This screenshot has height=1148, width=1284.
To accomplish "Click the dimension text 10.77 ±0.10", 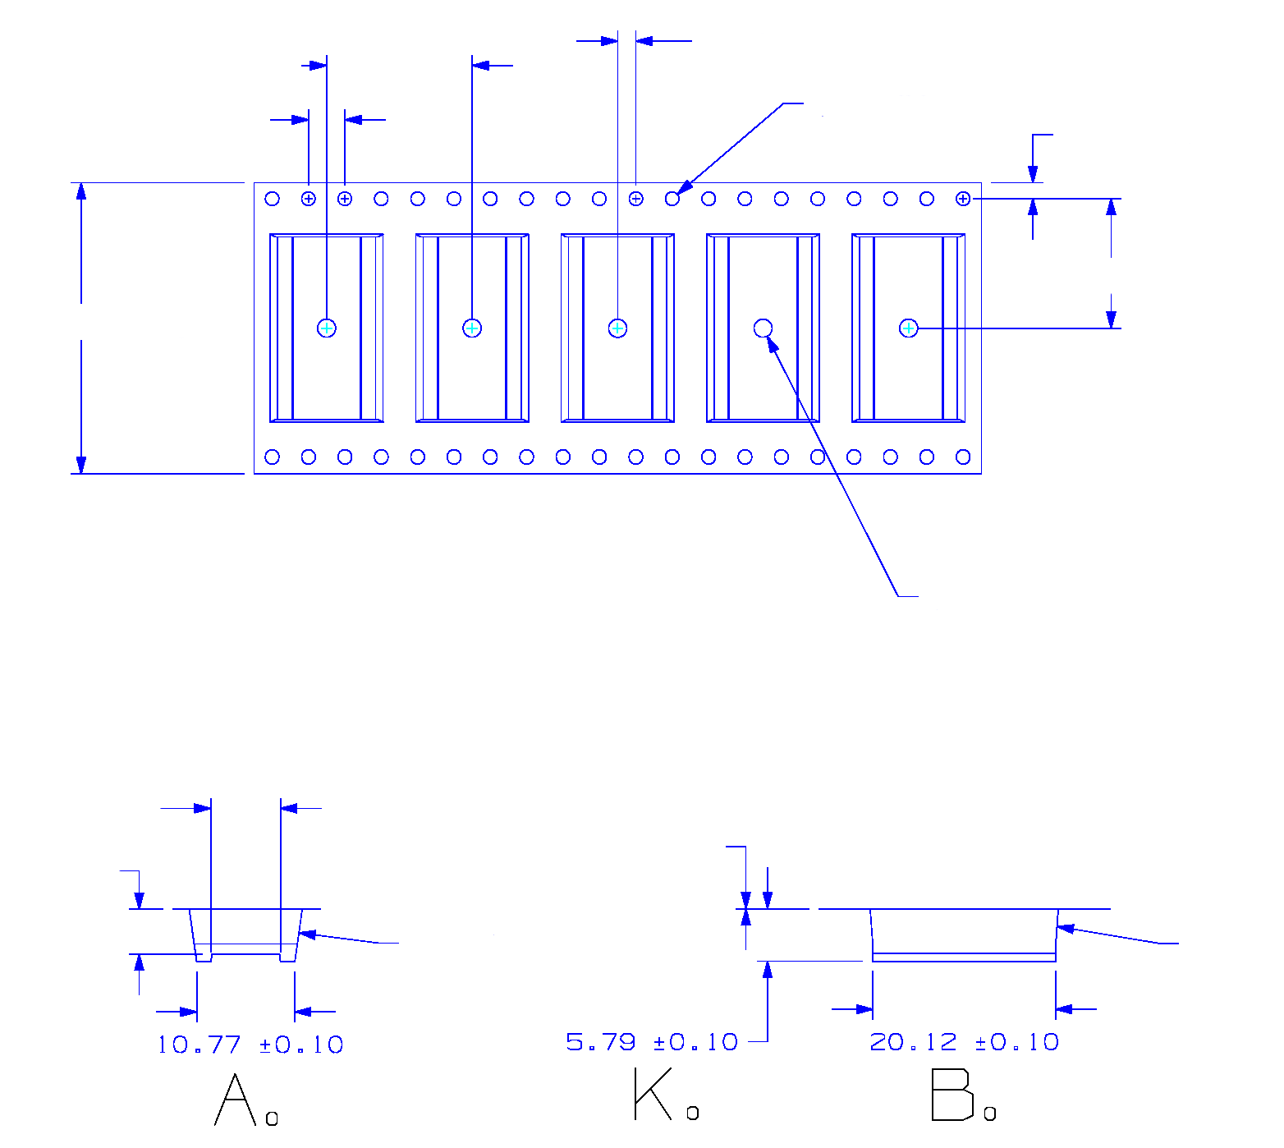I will pyautogui.click(x=250, y=1045).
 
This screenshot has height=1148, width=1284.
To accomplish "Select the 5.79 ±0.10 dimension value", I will pyautogui.click(x=652, y=1042).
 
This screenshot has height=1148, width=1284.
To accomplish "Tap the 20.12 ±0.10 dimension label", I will pyautogui.click(x=964, y=1042).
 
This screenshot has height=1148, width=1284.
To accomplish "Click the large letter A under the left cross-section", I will pyautogui.click(x=234, y=1100).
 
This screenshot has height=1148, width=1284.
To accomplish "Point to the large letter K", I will pyautogui.click(x=653, y=1095).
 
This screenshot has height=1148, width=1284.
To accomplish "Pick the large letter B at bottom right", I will pyautogui.click(x=952, y=1095).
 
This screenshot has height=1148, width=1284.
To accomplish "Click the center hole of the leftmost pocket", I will pyautogui.click(x=327, y=328).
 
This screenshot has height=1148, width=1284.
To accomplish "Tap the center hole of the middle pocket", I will pyautogui.click(x=617, y=328).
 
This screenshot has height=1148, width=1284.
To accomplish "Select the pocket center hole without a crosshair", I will pyautogui.click(x=763, y=328).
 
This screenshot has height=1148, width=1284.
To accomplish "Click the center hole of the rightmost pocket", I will pyautogui.click(x=908, y=328).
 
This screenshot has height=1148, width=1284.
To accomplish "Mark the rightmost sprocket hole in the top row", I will pyautogui.click(x=963, y=199).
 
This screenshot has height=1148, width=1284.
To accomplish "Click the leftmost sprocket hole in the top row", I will pyautogui.click(x=273, y=199).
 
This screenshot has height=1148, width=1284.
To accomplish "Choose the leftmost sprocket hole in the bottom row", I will pyautogui.click(x=273, y=457).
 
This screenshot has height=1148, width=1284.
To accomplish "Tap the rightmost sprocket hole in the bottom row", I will pyautogui.click(x=963, y=457).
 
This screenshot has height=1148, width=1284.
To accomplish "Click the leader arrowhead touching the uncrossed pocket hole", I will pyautogui.click(x=773, y=343).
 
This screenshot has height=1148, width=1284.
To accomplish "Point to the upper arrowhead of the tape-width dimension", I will pyautogui.click(x=81, y=191).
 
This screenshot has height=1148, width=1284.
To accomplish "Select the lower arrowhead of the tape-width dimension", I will pyautogui.click(x=81, y=466).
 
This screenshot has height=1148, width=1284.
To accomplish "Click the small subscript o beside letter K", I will pyautogui.click(x=692, y=1113).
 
